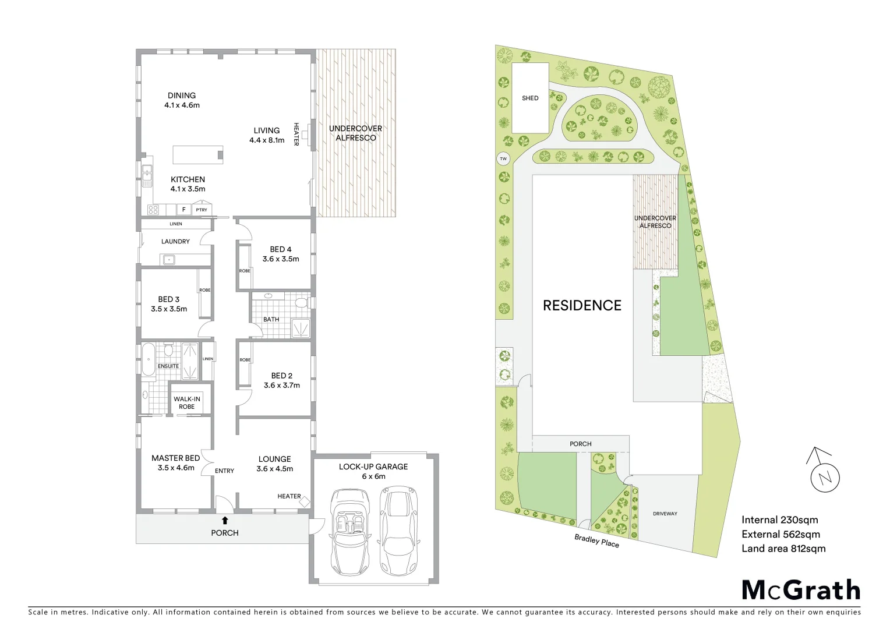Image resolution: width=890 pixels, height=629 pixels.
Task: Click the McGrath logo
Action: (801, 590)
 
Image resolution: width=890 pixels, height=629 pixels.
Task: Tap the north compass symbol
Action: (824, 476)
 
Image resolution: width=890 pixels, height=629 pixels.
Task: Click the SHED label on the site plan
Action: (530, 98)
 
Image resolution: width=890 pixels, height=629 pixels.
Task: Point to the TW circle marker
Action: (503, 158)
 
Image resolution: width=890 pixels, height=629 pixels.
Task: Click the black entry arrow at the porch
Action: (225, 520)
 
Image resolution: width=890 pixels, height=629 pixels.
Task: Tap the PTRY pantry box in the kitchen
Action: (202, 210)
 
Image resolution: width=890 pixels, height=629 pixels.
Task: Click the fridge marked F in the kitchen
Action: (184, 210)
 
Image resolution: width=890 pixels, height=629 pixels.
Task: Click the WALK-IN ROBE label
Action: (186, 402)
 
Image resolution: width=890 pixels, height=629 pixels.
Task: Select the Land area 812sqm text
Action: (783, 548)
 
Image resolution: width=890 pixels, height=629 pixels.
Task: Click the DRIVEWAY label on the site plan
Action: (665, 514)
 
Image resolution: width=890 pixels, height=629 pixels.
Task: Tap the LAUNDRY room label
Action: (175, 241)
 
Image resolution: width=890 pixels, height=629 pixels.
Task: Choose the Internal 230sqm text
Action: (779, 520)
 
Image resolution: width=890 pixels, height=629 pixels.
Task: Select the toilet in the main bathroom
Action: (301, 303)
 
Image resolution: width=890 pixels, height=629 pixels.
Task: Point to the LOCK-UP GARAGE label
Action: (373, 467)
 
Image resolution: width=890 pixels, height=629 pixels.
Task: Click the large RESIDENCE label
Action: (582, 305)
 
